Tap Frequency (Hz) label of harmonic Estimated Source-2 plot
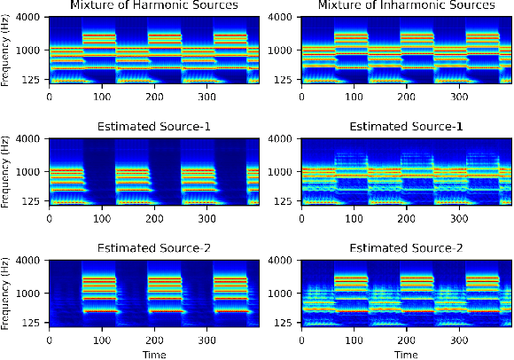pos(7,293)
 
